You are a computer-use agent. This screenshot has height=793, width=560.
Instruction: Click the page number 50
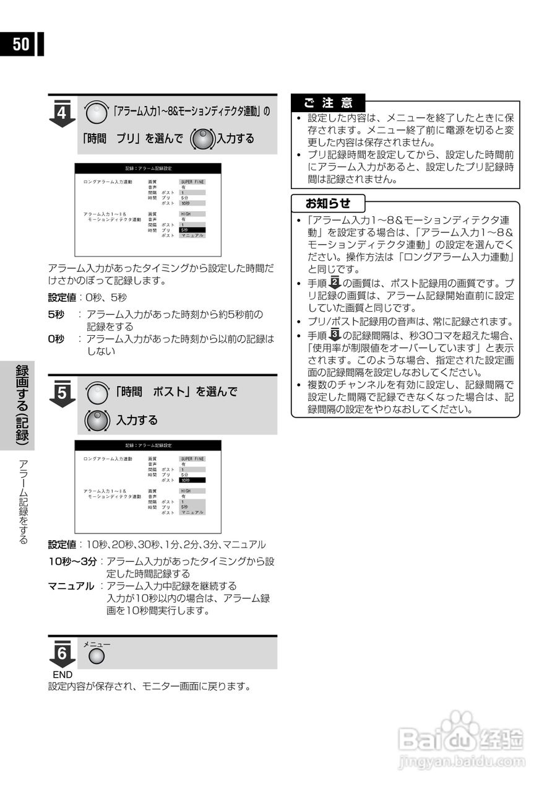coord(20,44)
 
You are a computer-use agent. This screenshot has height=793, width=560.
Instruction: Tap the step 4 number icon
coord(62,113)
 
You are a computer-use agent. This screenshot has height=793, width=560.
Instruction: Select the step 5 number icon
coord(62,393)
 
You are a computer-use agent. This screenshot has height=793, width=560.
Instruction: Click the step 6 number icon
coord(62,653)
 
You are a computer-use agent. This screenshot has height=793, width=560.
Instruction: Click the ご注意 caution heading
coord(328,103)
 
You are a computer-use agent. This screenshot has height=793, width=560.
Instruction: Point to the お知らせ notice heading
coord(328,203)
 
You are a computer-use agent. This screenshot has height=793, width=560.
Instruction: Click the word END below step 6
coord(62,675)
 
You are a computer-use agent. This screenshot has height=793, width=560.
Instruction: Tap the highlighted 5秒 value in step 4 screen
coord(185,230)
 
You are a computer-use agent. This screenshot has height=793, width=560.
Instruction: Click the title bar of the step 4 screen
coord(148,169)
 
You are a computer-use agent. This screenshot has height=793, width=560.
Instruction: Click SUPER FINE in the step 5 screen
coord(192,459)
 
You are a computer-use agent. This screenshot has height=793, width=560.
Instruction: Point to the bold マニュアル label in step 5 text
coord(71,585)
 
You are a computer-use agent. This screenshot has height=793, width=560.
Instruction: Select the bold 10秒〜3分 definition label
coord(72,562)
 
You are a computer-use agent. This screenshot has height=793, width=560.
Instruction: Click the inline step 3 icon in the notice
coord(335,335)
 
